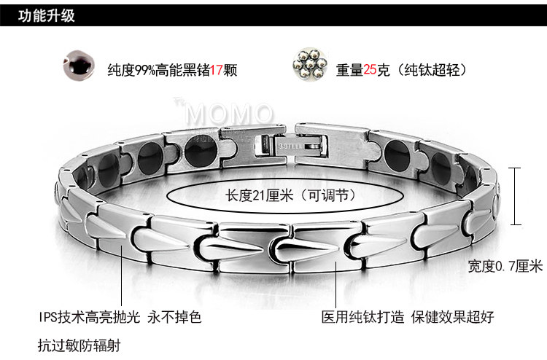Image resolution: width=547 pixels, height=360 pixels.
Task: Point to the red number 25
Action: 370,71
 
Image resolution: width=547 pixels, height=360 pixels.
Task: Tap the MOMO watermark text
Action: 230,115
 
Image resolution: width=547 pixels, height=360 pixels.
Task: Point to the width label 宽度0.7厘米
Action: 505,267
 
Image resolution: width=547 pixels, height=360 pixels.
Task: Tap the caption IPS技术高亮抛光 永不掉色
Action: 120,317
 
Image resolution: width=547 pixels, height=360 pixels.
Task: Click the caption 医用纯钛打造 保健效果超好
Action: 408,317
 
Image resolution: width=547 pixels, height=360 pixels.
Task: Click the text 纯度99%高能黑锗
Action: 158,71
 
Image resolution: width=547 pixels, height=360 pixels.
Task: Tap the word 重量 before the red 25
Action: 349,71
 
